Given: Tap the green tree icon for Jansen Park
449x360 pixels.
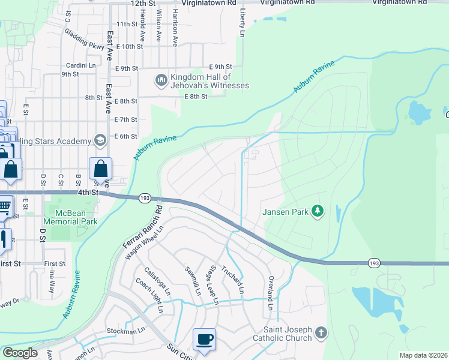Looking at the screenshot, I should (x=319, y=211).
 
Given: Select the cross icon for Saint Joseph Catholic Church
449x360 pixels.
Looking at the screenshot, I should (x=321, y=333).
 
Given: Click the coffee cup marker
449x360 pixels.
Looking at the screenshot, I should (x=204, y=339).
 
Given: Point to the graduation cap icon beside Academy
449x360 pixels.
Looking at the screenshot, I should (x=100, y=141).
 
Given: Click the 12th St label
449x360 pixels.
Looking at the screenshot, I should (x=143, y=4).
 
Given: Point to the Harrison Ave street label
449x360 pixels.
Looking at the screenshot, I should (x=175, y=28).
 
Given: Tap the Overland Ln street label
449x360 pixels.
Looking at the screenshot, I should (x=271, y=293).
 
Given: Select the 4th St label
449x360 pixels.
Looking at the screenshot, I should (x=87, y=193).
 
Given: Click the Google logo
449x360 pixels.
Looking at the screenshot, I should (x=20, y=353).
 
